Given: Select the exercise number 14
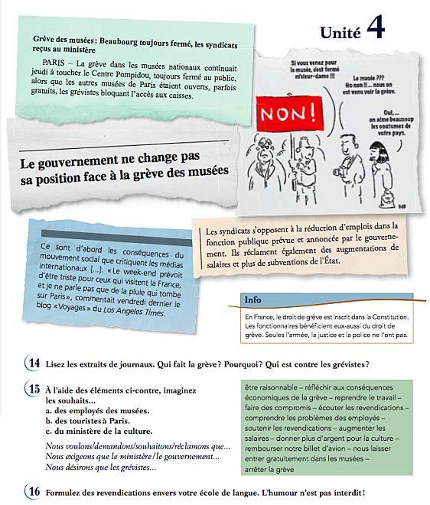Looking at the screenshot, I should [x=34, y=364].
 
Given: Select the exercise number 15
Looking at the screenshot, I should [x=34, y=389].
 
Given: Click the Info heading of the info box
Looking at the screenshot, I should [x=253, y=299].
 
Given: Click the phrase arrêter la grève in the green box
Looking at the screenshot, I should [x=269, y=468].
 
